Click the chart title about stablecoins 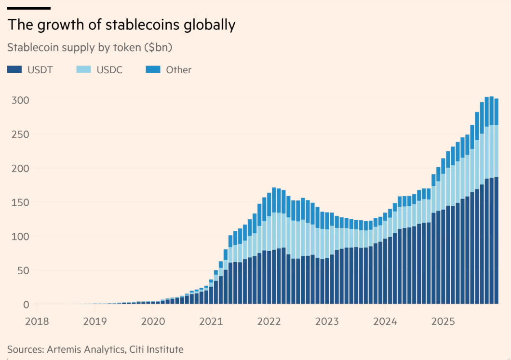pos(121,25)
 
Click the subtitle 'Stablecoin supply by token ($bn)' pos(90,48)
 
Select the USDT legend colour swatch pos(14,70)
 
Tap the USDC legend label pos(109,70)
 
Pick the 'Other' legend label pos(178,70)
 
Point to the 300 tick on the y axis pos(20,100)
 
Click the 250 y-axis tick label pos(20,134)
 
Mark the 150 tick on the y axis pos(20,202)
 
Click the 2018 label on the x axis pos(37,321)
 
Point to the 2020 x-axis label pos(153,321)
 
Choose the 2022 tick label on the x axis pos(269,321)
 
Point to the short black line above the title pos(29,8)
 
